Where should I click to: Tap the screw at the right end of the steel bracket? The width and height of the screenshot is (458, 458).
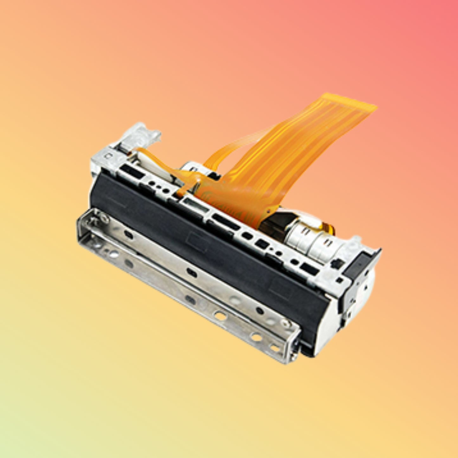pos(286,323)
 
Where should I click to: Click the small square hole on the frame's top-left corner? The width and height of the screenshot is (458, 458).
pos(108,156)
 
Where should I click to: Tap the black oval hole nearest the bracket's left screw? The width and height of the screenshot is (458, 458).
pos(128,235)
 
